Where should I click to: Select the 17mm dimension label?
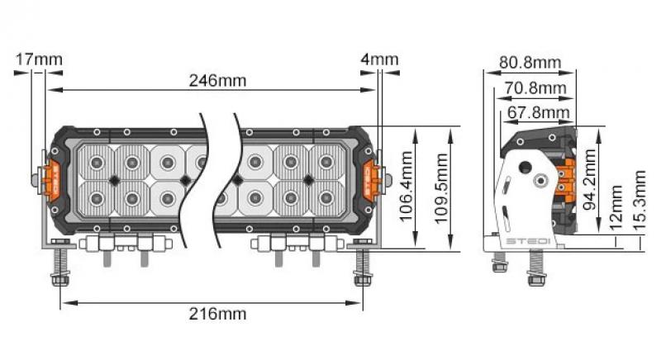pos(38,59)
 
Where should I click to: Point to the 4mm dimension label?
pos(379,59)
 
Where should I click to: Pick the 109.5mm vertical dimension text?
pos(440,189)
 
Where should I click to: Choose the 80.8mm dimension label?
pos(529,63)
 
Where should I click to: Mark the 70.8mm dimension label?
pos(535,88)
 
